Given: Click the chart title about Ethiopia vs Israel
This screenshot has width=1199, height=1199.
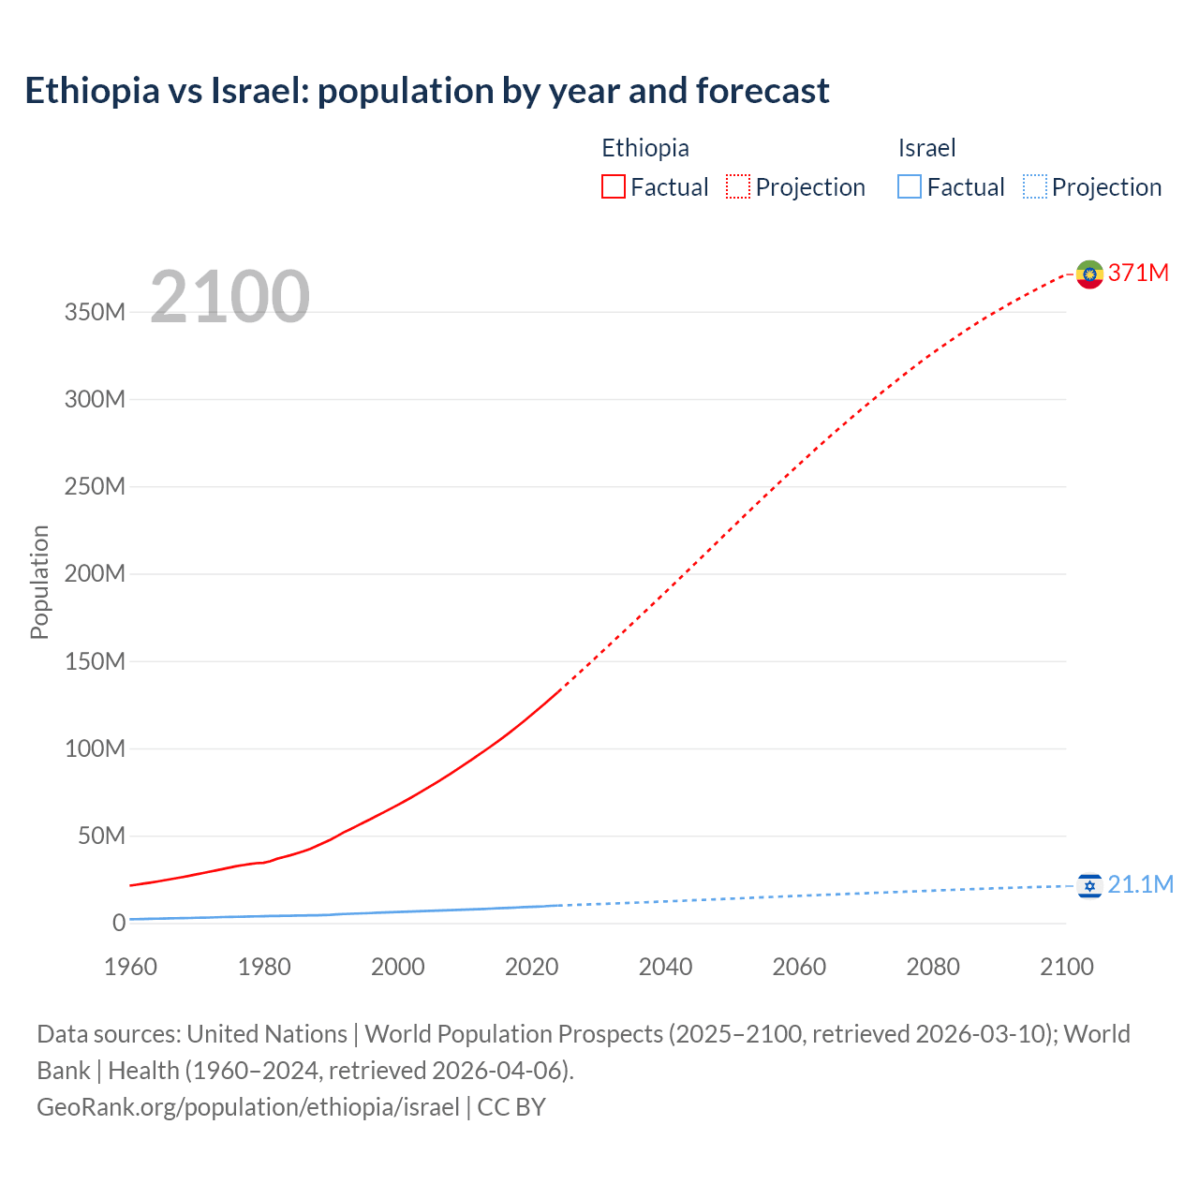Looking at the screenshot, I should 427,91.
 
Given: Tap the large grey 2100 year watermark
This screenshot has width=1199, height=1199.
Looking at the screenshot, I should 229,297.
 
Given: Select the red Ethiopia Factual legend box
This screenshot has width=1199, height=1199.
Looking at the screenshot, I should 614,186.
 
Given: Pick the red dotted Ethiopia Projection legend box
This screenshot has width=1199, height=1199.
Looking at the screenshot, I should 738,186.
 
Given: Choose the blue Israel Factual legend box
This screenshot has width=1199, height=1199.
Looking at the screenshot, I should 910,186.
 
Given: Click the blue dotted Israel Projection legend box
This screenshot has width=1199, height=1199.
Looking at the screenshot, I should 1035,186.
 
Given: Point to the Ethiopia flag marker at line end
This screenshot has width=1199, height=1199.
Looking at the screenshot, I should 1089,274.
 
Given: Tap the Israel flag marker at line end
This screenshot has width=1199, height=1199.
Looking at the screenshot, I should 1089,885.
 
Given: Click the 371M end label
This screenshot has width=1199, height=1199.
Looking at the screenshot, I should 1138,273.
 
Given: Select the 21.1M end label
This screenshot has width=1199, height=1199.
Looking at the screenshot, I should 1140,884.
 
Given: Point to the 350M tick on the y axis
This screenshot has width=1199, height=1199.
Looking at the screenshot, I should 95,312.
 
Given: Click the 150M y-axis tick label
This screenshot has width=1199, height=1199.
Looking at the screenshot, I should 95,661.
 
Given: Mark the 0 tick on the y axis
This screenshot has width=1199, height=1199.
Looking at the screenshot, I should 119,923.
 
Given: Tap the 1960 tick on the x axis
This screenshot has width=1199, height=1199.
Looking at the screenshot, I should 130,967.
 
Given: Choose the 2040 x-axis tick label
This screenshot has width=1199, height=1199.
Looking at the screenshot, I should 665,967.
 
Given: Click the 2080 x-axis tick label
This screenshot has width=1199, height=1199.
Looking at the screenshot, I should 933,967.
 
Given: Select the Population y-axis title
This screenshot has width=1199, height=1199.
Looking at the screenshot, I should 39,582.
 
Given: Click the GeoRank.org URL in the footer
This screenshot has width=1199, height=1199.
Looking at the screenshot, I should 248,1107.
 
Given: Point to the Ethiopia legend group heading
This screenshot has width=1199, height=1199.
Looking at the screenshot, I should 645,148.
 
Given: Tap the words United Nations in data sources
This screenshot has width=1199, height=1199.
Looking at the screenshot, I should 267,1034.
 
